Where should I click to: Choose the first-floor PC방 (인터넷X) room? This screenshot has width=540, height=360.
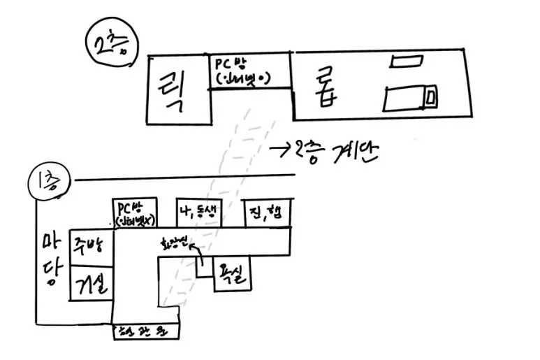click(x=134, y=216)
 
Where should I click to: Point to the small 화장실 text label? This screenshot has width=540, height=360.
click(x=175, y=245)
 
